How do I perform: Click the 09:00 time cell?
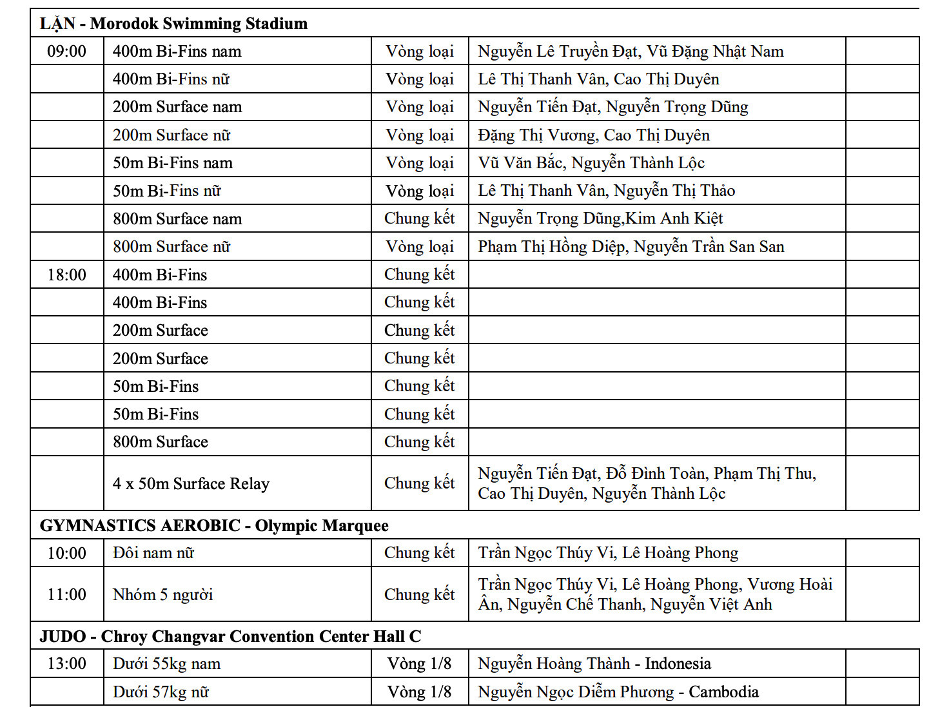(x=66, y=52)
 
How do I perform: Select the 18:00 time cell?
(x=66, y=275)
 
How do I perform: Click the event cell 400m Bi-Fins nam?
(x=177, y=52)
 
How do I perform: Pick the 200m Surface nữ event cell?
(x=171, y=135)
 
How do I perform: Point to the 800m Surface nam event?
(x=177, y=219)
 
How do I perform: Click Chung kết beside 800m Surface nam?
(x=419, y=219)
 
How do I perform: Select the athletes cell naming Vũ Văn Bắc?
(x=591, y=163)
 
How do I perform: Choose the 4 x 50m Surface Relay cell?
(x=191, y=484)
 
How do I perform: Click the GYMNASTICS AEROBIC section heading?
(x=214, y=526)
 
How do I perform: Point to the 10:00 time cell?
(x=66, y=554)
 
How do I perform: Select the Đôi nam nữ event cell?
(x=153, y=554)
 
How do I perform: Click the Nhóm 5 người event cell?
(x=162, y=595)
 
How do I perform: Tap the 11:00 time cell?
(x=66, y=595)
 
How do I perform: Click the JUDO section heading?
(x=230, y=637)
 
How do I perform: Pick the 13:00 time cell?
(x=66, y=664)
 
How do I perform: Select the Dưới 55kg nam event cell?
(x=166, y=664)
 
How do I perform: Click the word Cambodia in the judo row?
(x=723, y=692)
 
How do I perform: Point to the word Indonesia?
(x=678, y=664)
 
